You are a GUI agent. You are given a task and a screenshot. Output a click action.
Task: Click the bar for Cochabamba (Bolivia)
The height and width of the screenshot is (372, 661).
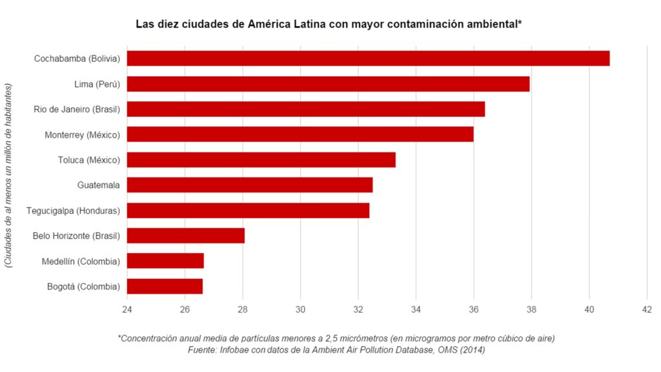pyautogui.click(x=368, y=58)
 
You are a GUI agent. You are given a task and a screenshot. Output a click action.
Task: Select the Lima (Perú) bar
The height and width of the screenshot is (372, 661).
pyautogui.click(x=328, y=84)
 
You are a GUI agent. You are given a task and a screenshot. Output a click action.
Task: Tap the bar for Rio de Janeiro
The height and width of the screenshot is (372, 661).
pyautogui.click(x=306, y=109)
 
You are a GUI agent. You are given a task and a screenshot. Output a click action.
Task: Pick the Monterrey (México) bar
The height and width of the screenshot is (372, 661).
pyautogui.click(x=300, y=134)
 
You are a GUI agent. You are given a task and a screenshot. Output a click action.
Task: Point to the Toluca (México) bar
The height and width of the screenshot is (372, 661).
pyautogui.click(x=261, y=160)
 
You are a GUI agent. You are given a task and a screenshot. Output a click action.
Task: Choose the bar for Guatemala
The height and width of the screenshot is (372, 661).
pyautogui.click(x=250, y=185)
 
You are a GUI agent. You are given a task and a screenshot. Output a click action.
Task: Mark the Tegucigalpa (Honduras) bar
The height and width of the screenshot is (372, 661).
pyautogui.click(x=248, y=211)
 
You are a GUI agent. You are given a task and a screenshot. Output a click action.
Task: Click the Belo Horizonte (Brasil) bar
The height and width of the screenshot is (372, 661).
pyautogui.click(x=186, y=236)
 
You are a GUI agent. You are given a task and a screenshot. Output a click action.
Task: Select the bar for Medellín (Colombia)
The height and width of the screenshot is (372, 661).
pyautogui.click(x=165, y=261)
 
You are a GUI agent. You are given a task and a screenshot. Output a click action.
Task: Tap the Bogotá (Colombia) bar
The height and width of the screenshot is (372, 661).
pyautogui.click(x=165, y=286)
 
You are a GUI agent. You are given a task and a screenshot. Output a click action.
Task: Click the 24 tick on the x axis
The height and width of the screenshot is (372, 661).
pyautogui.click(x=127, y=309)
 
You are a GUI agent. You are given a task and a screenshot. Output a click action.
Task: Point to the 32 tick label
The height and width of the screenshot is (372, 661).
pyautogui.click(x=358, y=309)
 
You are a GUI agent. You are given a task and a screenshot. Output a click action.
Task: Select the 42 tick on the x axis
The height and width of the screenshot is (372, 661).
pyautogui.click(x=647, y=309)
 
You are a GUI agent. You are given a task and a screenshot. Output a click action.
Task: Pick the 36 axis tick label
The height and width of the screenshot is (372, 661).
pyautogui.click(x=474, y=309)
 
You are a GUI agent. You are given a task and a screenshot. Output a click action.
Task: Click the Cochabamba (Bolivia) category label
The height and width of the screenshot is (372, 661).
pyautogui.click(x=77, y=59)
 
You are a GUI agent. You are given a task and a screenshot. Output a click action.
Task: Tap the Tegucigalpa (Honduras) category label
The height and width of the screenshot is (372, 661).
pyautogui.click(x=73, y=211)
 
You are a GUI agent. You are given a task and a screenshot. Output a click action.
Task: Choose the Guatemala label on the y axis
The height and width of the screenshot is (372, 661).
pyautogui.click(x=98, y=185)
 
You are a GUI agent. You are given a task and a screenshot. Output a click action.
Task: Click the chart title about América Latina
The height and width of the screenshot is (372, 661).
pyautogui.click(x=329, y=25)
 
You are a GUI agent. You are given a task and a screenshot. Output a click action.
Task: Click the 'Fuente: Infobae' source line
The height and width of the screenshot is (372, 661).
pyautogui.click(x=336, y=350)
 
